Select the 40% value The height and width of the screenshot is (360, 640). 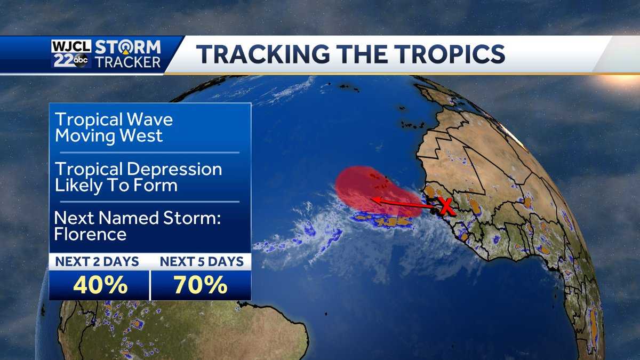pos(100,286)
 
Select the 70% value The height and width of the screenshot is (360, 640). pos(201,286)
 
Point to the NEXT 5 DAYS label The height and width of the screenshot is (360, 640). pos(201,262)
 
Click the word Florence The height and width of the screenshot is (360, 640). pos(91,234)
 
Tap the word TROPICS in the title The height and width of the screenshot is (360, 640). pos(446,54)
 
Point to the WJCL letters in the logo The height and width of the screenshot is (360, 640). pos(71,46)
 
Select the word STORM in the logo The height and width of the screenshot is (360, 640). pos(128,47)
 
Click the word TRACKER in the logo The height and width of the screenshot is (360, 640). pos(128,62)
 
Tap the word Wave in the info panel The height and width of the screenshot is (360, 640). pos(149,119)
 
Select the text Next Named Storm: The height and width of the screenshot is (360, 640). pos(138,218)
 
